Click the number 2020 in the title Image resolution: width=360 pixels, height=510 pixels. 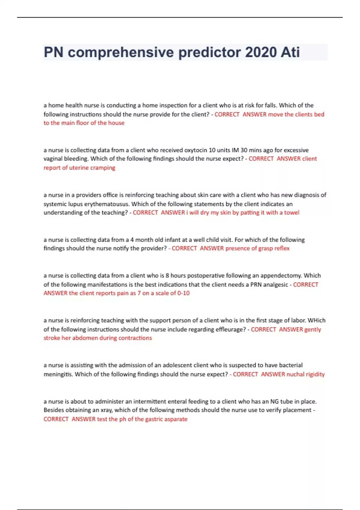(x=260, y=52)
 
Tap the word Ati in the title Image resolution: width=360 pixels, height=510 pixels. (x=290, y=52)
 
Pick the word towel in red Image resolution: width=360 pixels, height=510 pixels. (x=292, y=212)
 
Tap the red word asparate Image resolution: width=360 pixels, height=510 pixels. (x=177, y=419)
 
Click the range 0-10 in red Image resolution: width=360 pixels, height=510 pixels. (x=183, y=293)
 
